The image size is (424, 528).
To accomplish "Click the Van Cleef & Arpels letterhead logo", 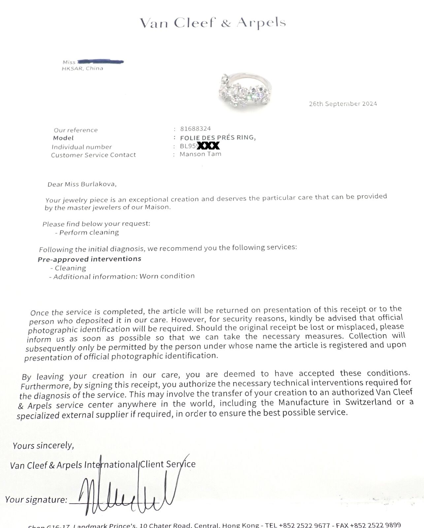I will click(x=212, y=23).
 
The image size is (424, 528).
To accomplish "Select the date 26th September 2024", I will click(x=343, y=104).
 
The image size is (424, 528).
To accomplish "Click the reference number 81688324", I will click(x=195, y=128).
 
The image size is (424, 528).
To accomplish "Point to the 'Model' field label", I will click(x=63, y=138).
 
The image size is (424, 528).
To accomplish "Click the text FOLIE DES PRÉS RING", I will click(x=218, y=137).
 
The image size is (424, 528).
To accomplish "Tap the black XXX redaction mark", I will click(x=208, y=146).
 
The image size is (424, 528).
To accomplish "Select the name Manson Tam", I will click(x=200, y=154).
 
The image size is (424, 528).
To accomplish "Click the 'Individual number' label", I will click(x=82, y=147).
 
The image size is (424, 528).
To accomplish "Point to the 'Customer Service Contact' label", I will click(x=93, y=155).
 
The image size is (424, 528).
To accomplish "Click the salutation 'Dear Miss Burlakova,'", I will click(x=82, y=184).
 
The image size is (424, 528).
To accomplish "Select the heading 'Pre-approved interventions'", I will click(x=89, y=259).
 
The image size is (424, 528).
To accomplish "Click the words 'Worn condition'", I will click(x=167, y=276).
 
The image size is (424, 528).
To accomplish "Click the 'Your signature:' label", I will click(x=36, y=500).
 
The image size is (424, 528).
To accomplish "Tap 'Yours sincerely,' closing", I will click(x=43, y=446).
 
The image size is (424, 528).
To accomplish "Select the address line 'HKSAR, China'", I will click(x=82, y=69).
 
